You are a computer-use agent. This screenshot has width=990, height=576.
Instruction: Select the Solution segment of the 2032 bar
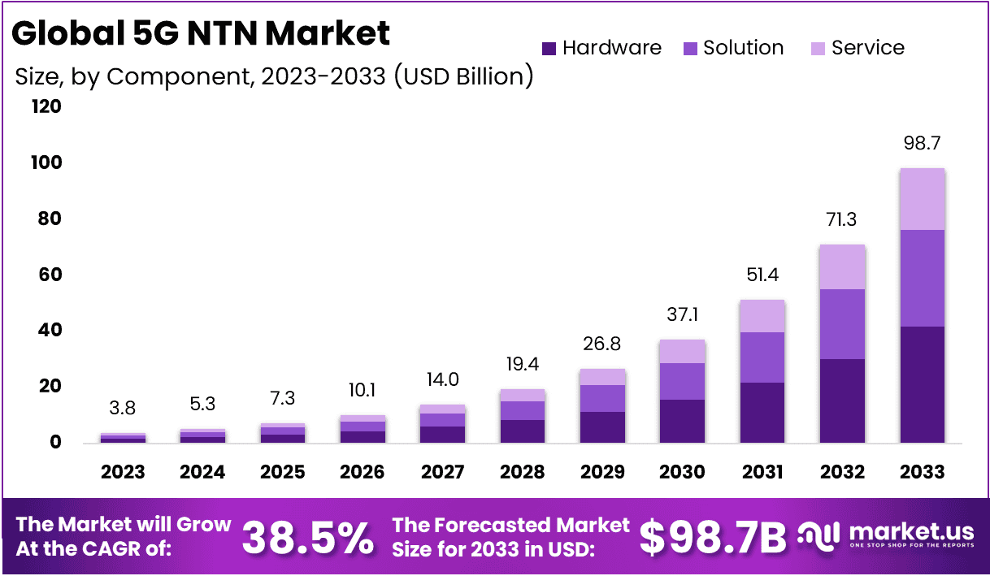[842, 324]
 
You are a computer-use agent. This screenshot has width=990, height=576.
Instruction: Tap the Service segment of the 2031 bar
[762, 316]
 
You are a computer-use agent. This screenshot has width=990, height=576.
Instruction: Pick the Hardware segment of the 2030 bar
[683, 421]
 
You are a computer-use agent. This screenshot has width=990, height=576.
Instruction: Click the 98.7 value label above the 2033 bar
[922, 144]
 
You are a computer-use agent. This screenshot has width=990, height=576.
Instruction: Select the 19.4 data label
[523, 364]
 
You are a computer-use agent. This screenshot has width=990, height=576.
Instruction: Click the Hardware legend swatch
[549, 48]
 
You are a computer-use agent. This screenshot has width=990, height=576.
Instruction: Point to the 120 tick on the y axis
[46, 106]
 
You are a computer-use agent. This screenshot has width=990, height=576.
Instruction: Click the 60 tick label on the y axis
[51, 275]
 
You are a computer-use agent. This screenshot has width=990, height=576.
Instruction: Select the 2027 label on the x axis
[443, 472]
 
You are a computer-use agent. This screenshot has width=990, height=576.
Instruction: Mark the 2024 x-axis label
[202, 472]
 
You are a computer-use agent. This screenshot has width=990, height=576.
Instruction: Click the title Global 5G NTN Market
[201, 33]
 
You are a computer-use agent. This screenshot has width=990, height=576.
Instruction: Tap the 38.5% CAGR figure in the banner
[309, 536]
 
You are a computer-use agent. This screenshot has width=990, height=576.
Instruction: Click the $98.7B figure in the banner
[713, 536]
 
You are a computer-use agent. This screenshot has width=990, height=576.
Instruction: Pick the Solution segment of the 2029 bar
[602, 398]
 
